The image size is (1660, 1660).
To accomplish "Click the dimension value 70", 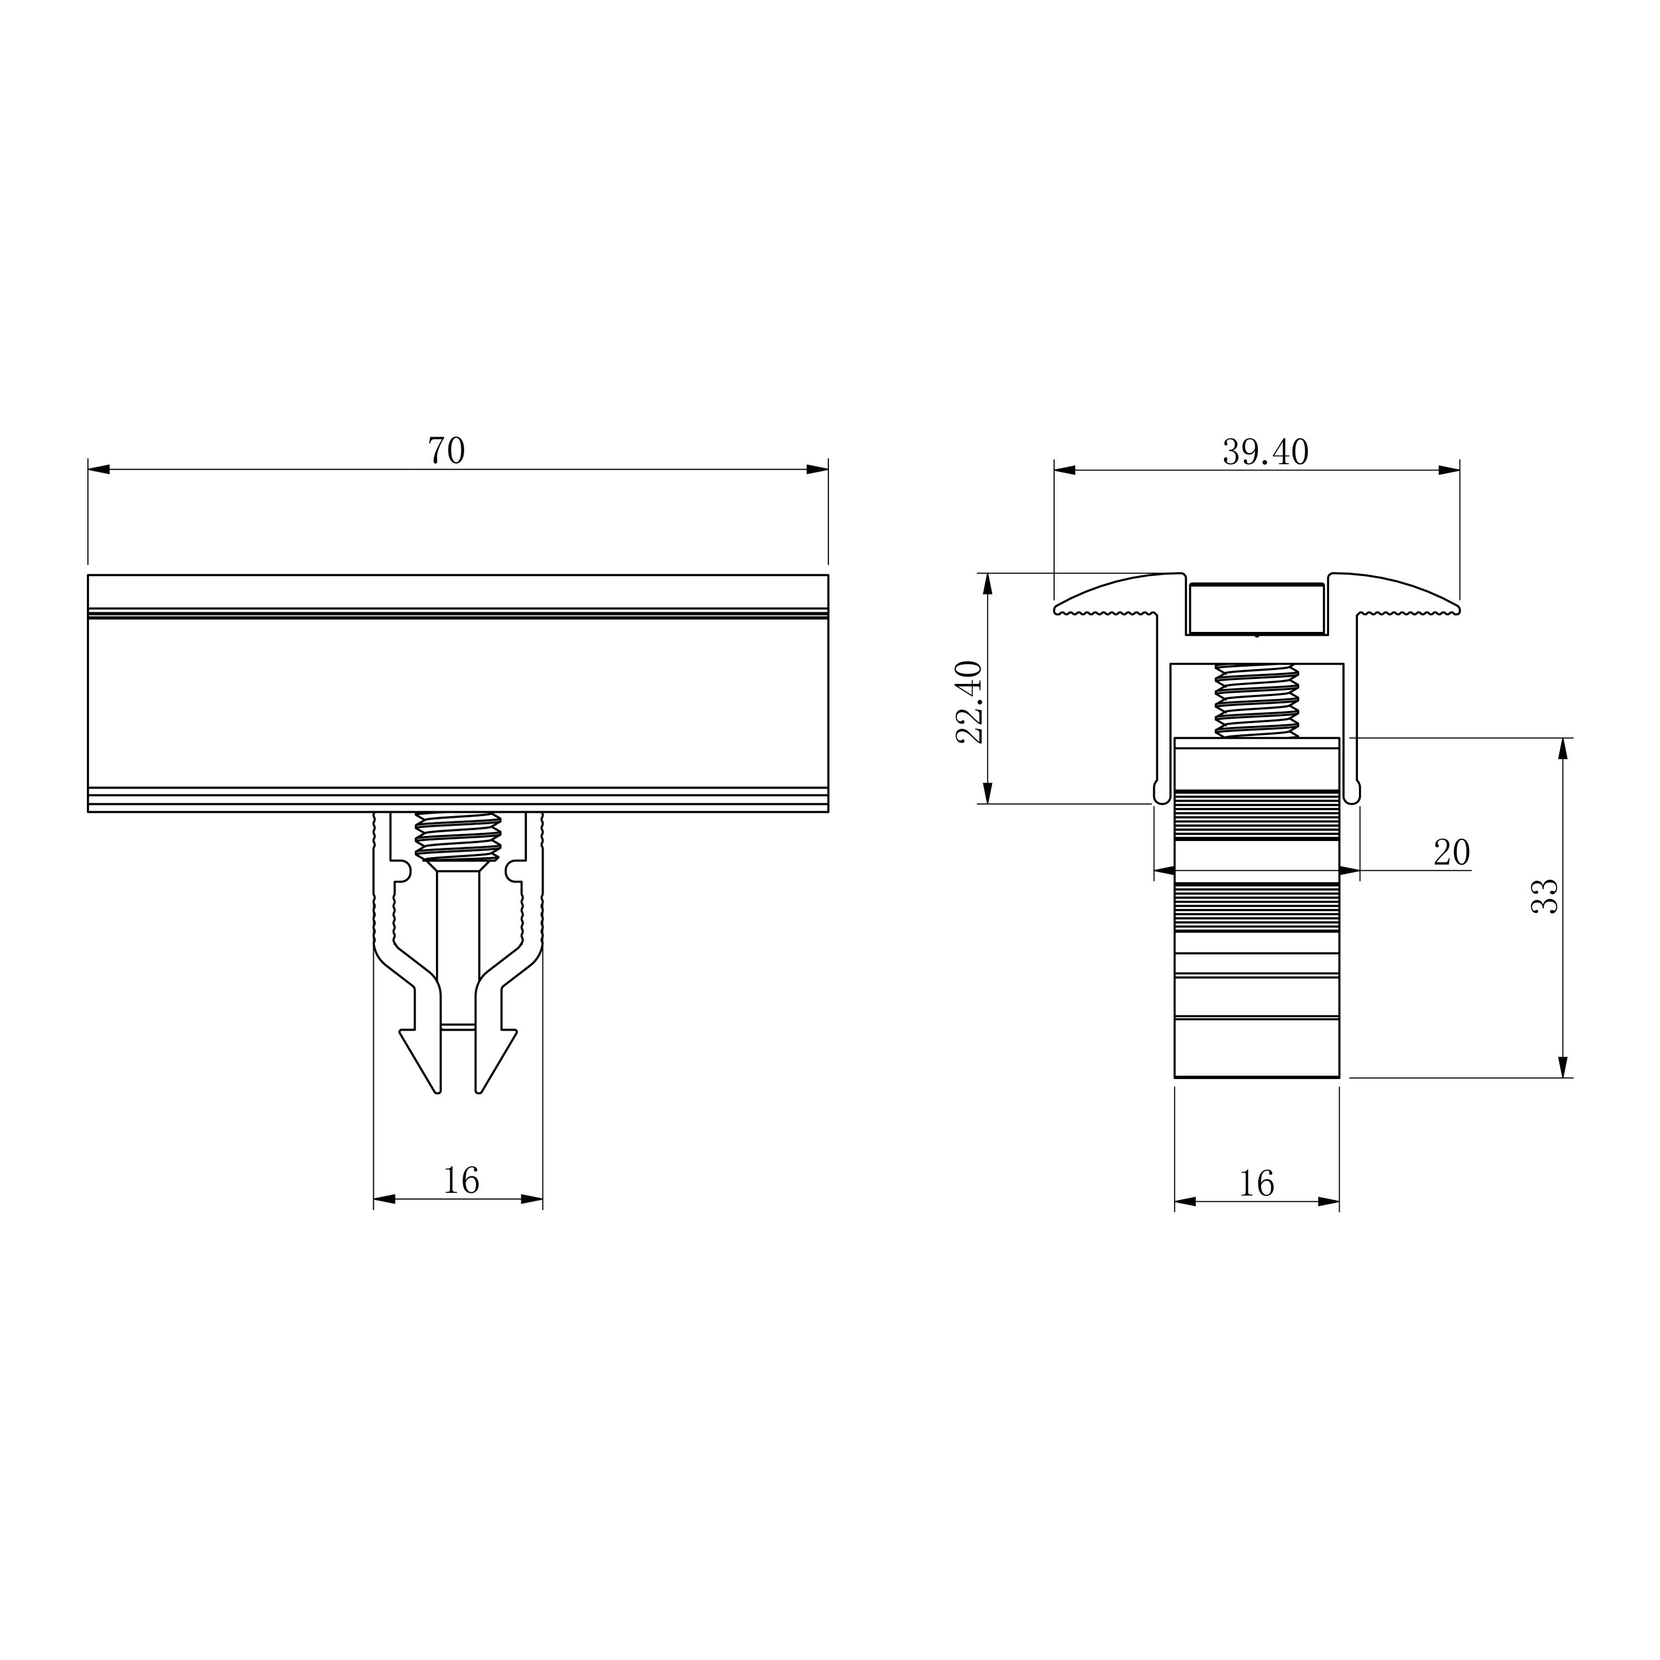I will coord(446,450).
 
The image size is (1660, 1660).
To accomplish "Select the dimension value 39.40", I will coord(1265,452).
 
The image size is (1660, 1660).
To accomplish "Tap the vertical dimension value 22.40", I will coord(969,702).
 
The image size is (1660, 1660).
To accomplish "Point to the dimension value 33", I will coord(1545,896).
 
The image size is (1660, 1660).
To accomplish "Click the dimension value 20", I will coord(1451,852).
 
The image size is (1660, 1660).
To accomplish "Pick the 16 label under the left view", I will coord(460,1181).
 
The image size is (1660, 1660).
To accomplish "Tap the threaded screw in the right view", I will coord(1256,701).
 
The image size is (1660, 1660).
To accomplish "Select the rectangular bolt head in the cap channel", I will coord(1256,609).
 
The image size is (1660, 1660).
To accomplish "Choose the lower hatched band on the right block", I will coord(1256,907).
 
